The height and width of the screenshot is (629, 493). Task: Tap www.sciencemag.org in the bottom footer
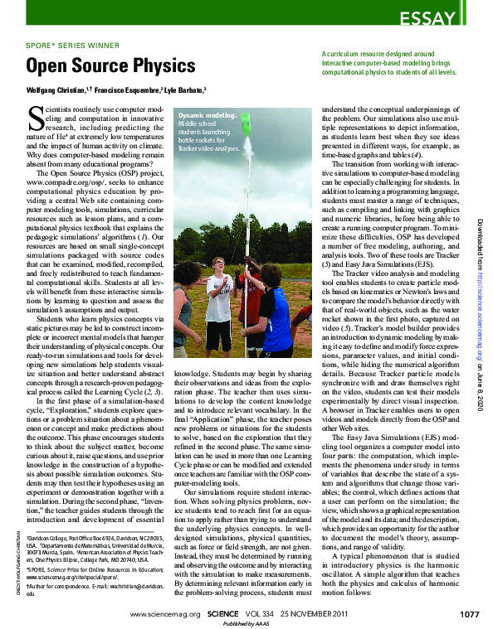coord(166,614)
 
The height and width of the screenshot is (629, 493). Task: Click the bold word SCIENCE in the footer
coord(225,614)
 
